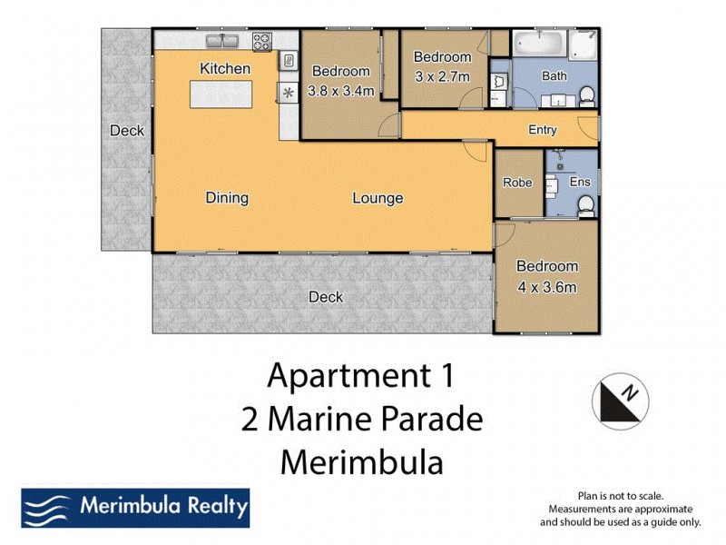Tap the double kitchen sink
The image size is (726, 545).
[x=221, y=40]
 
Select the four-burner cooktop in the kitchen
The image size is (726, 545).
[x=261, y=40]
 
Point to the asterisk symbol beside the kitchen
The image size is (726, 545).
[x=289, y=92]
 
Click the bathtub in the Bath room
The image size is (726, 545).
[x=539, y=43]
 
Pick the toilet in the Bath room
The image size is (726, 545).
[x=587, y=94]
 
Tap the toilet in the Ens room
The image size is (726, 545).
[x=585, y=207]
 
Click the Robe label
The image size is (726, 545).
[x=517, y=182]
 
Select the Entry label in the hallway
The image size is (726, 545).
[x=543, y=130]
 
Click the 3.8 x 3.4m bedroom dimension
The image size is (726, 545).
[x=340, y=90]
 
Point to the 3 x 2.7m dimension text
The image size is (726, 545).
[x=443, y=75]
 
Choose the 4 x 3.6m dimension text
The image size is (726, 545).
[x=547, y=288]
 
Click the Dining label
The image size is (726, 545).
[x=227, y=198]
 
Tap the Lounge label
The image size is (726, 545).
[x=378, y=198]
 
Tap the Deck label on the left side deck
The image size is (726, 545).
[x=127, y=131]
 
